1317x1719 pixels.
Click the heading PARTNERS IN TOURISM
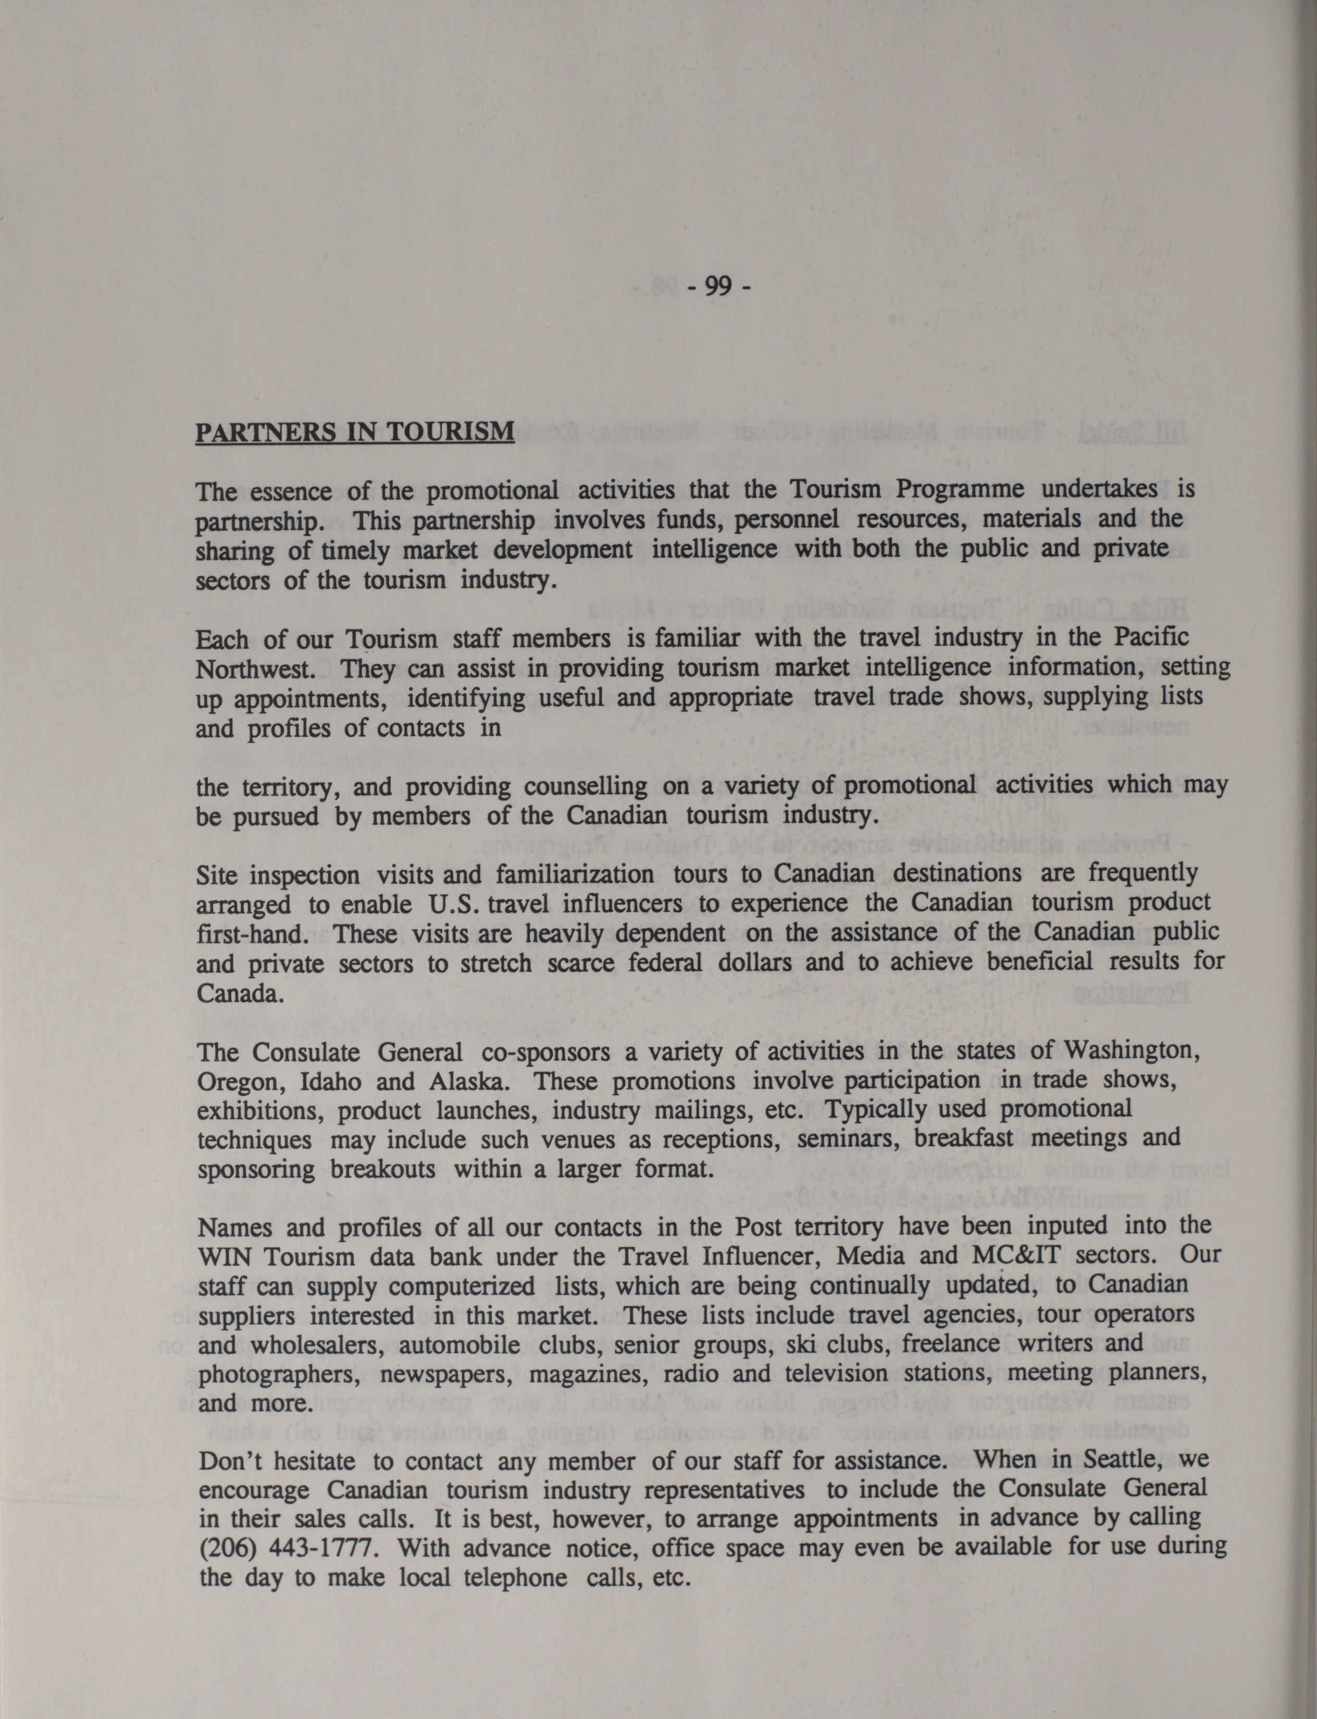354,431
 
